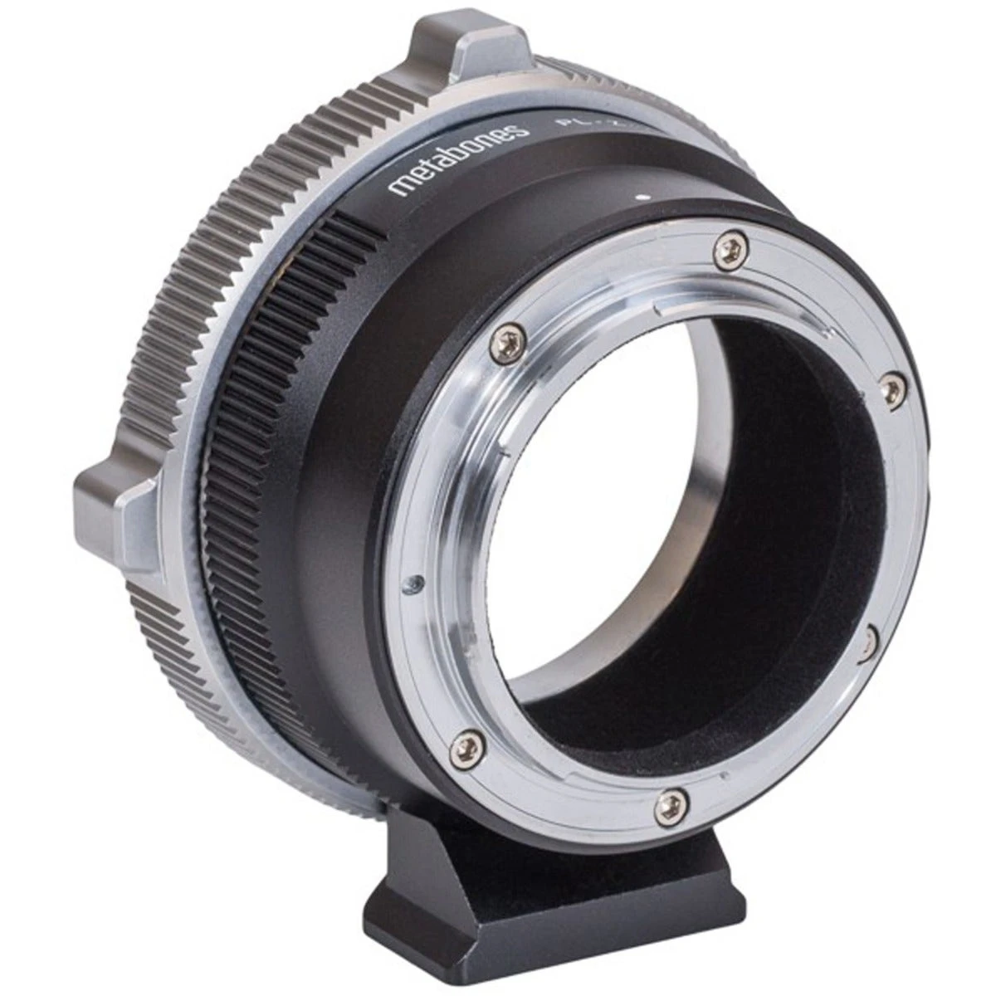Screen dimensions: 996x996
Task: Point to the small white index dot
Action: (x=642, y=198)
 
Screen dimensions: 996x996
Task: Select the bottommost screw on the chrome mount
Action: (x=666, y=803)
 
